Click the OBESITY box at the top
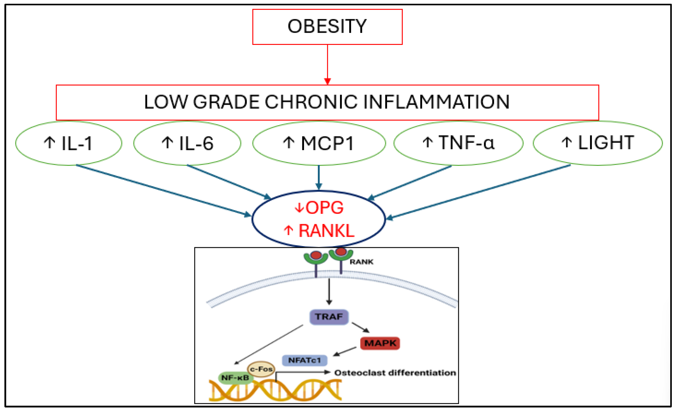327,27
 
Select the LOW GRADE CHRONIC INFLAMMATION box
327,102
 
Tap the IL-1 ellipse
68,143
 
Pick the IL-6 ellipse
187,143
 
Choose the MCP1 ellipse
319,143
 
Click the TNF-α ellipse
458,143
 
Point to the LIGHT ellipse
598,143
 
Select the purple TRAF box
329,317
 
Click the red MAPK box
380,343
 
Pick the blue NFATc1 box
304,360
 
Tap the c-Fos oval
261,369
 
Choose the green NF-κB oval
235,378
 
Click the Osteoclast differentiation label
395,373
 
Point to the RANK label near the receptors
361,262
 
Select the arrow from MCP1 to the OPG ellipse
319,177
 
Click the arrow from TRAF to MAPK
361,327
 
